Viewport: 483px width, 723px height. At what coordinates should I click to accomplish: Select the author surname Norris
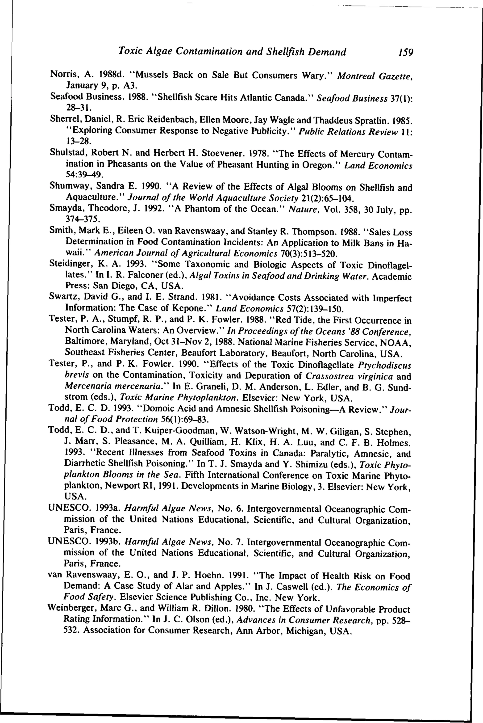[61, 74]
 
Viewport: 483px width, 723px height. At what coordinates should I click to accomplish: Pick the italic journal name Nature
[299, 210]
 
